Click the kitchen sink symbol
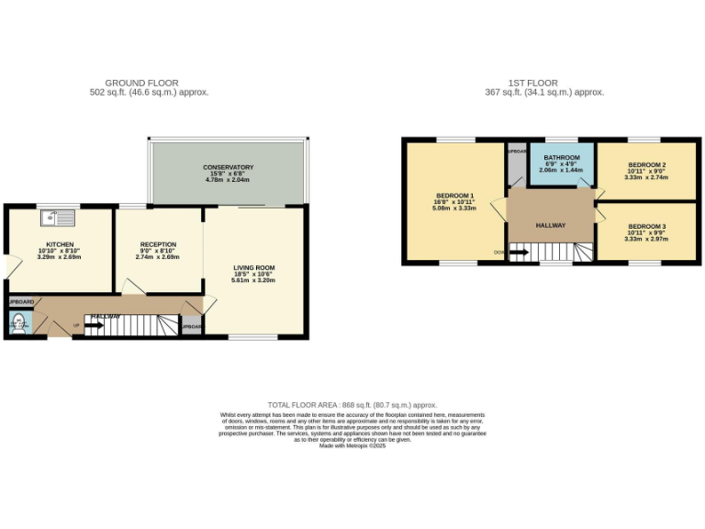tap(62, 218)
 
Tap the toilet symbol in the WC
tap(18, 322)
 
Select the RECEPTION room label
tap(158, 244)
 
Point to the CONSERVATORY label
tap(228, 167)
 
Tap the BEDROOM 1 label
tap(454, 196)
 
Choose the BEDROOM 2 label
tap(645, 164)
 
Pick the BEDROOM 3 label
tap(645, 226)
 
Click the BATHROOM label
tap(561, 158)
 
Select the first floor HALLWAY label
tap(551, 225)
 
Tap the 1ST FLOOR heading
tap(544, 83)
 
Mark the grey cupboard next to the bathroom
tap(517, 163)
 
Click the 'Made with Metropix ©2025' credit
tap(352, 445)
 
